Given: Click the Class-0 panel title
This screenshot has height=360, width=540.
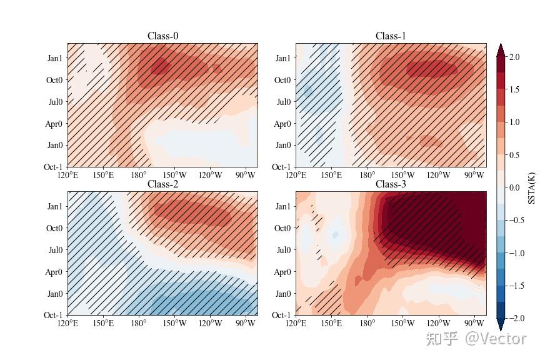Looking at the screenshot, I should [x=162, y=36].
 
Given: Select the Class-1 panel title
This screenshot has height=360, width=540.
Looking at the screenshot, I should [x=391, y=36].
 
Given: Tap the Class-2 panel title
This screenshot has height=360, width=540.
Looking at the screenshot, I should [x=162, y=184].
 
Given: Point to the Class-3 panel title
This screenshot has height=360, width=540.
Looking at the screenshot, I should [x=391, y=184].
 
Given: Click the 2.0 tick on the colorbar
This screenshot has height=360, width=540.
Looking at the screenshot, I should [x=514, y=57].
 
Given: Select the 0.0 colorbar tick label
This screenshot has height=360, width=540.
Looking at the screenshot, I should [x=514, y=187].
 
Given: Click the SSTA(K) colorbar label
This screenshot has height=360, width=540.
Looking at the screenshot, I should [x=532, y=187].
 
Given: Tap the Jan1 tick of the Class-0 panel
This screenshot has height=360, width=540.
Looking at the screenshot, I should [x=55, y=58].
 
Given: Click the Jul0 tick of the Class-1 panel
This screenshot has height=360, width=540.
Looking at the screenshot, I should [x=283, y=102].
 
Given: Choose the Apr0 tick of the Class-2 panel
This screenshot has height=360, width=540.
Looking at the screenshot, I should [x=54, y=272].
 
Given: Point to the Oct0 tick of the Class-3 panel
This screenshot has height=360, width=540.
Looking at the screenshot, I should [x=283, y=228].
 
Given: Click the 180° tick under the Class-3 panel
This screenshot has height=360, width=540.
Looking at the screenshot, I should [x=367, y=323].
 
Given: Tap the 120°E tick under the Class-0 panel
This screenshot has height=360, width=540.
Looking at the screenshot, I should [x=67, y=175].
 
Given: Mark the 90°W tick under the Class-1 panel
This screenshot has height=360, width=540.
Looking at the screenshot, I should [x=474, y=175].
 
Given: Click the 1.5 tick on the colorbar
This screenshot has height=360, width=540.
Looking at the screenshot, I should [x=514, y=89].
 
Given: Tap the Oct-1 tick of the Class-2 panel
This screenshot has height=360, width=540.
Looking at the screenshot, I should [x=53, y=316].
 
